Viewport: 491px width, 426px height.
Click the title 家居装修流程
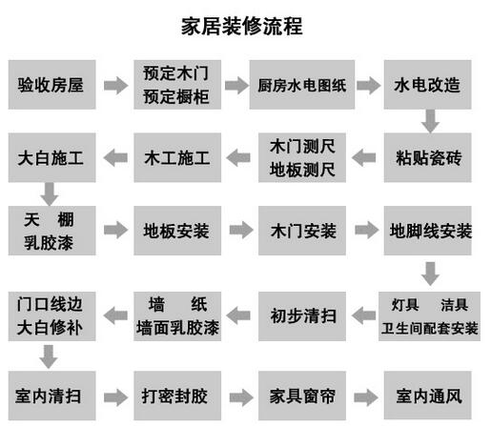(241, 26)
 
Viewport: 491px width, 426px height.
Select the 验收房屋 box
(51, 85)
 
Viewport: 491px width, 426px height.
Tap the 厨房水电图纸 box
(302, 85)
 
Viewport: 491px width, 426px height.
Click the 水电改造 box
(427, 85)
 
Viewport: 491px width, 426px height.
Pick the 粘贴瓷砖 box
(427, 157)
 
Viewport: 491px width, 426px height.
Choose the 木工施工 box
(177, 157)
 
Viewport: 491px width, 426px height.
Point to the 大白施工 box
(51, 157)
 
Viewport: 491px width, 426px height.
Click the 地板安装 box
(177, 231)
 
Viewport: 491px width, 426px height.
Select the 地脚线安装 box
(427, 231)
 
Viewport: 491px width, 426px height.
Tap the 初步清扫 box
(302, 316)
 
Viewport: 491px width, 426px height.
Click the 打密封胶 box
(177, 396)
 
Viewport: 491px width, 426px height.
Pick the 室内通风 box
(427, 396)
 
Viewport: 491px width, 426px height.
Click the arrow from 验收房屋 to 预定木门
(115, 85)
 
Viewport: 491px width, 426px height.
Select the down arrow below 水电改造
(431, 121)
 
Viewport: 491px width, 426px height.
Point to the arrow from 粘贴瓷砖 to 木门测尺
(364, 157)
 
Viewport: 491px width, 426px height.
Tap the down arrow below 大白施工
(50, 194)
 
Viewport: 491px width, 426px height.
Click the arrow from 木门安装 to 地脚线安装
(367, 230)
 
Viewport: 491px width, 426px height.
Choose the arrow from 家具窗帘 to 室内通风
(366, 397)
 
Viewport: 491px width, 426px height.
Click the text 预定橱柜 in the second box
(176, 96)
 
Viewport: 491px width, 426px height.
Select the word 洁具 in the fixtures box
(455, 305)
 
